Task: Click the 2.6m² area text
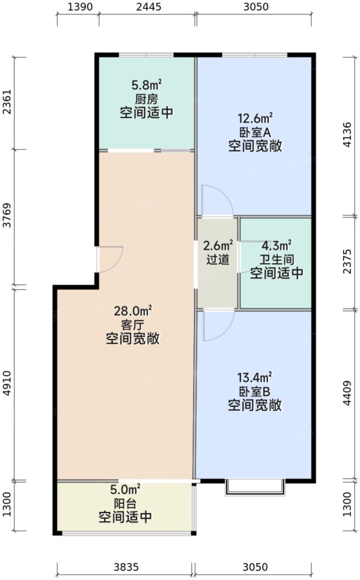pos(218,246)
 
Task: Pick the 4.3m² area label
pos(277,246)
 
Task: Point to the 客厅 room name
pos(133,325)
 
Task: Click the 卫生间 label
pos(277,259)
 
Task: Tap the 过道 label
pos(218,259)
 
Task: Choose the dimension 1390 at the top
pos(77,8)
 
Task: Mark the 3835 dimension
pos(125,567)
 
